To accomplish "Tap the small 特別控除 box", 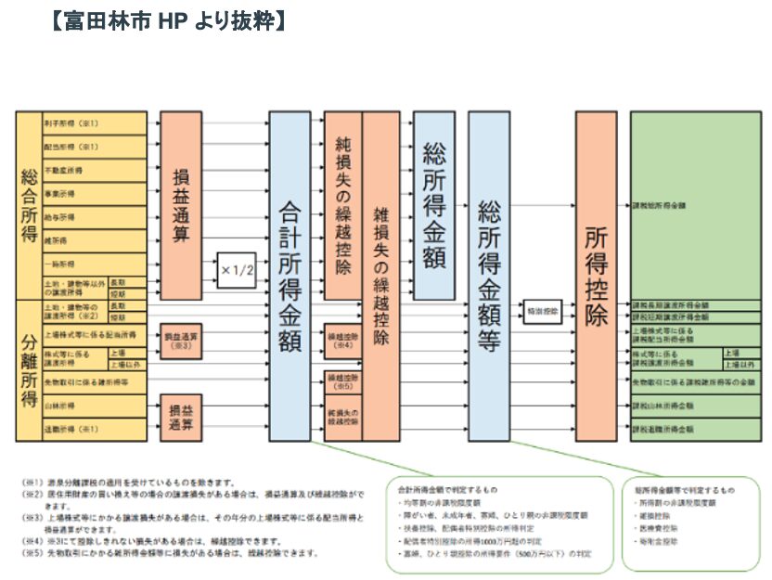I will [542, 313].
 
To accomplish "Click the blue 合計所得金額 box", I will [289, 276].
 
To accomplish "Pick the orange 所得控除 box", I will [596, 276].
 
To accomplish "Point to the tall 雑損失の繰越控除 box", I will [380, 276].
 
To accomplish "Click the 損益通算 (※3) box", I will [180, 341].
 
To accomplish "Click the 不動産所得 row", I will [93, 171].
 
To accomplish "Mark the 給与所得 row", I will [93, 217].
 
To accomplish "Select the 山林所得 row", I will [93, 406].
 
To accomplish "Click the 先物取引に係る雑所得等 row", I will [93, 381].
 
